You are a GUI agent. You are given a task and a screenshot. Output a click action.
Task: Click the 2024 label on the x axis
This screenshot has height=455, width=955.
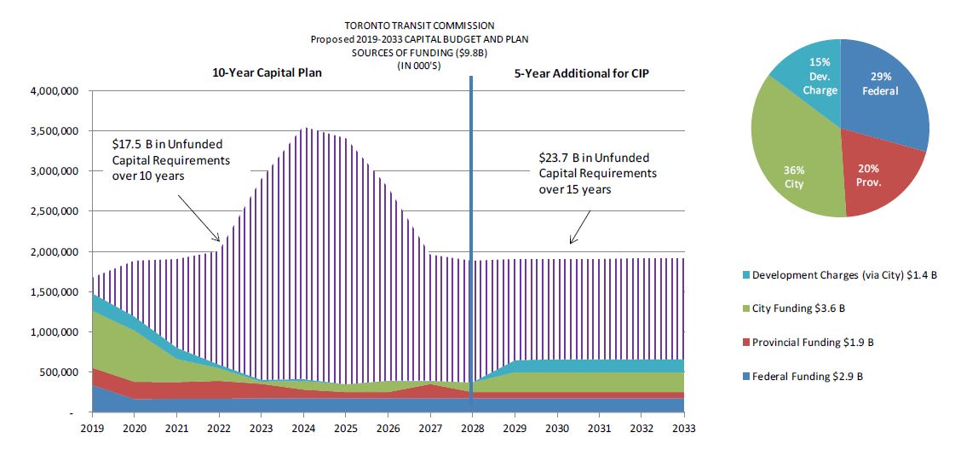(303, 429)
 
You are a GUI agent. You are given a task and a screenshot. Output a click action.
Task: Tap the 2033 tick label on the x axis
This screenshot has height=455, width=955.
(684, 429)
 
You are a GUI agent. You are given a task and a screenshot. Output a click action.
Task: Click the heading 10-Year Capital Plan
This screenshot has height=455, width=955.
(267, 73)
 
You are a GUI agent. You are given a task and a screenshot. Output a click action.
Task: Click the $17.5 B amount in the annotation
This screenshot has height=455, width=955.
(128, 144)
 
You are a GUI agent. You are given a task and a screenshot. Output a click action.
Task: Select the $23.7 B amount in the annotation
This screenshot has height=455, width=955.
(555, 158)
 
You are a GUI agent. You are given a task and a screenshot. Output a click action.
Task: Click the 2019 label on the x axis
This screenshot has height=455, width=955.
(92, 429)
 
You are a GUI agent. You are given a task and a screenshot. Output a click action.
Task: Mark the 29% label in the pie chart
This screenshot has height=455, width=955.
(881, 76)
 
